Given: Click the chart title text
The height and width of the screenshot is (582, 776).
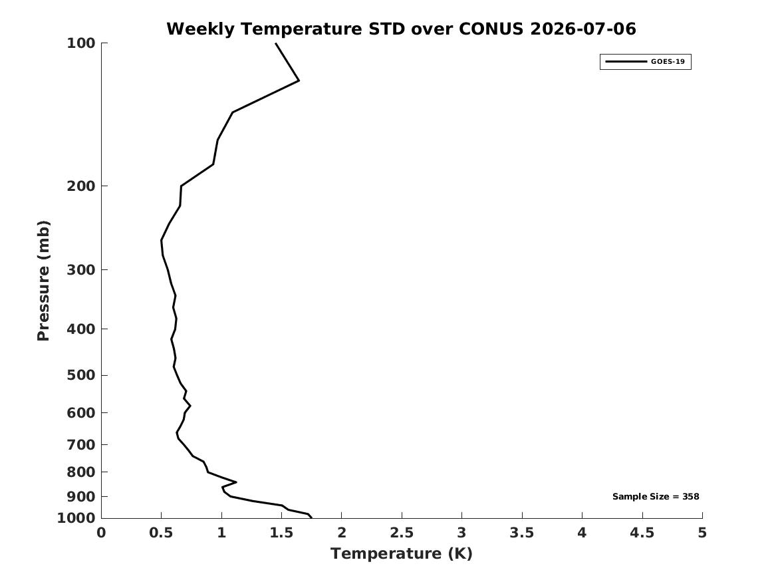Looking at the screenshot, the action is click(x=401, y=29).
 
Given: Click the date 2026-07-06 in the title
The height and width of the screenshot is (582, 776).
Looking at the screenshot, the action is click(x=583, y=29).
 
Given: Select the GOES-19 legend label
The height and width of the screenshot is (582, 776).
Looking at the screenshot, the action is click(x=668, y=61).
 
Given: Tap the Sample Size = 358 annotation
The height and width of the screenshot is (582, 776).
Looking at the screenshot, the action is click(x=656, y=496).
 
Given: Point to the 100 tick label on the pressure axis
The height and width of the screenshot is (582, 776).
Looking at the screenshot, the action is click(x=80, y=43).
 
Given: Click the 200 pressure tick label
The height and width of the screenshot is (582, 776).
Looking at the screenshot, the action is click(x=80, y=186).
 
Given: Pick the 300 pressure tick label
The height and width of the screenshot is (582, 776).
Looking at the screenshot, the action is click(x=80, y=270).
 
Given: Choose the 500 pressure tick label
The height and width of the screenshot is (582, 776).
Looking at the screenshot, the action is click(x=80, y=375).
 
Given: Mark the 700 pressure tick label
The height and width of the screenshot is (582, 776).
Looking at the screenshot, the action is click(x=80, y=444).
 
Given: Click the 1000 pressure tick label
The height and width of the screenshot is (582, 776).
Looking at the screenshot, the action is click(x=76, y=518).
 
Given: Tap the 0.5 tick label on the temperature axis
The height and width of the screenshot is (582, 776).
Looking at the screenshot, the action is click(x=162, y=533).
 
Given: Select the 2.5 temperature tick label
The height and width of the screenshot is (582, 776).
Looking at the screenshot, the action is click(x=402, y=533).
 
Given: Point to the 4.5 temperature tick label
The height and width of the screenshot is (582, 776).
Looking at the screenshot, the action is click(x=642, y=533).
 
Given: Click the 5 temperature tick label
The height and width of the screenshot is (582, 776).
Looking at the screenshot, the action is click(x=702, y=533).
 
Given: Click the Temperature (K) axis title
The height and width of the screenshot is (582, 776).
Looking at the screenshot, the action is click(x=402, y=553).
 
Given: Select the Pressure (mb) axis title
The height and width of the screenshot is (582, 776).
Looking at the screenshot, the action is click(x=43, y=281).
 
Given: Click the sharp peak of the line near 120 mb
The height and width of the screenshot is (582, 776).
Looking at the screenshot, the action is click(x=299, y=80).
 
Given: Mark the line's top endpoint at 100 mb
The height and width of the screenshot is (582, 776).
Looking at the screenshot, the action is click(x=276, y=43).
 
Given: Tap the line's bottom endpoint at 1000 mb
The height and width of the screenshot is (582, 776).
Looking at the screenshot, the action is click(x=311, y=517).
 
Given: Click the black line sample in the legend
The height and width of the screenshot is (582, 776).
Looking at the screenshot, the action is click(x=626, y=61).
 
